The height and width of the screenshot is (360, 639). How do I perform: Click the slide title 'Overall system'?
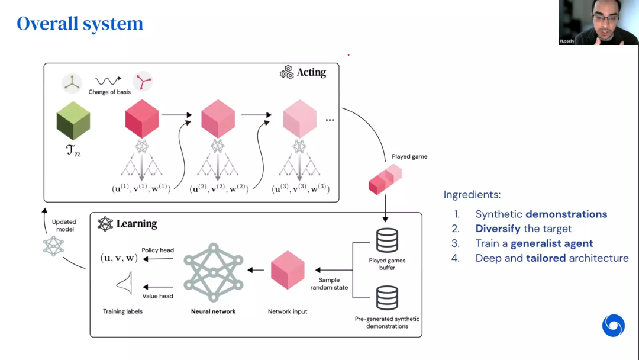pos(80,24)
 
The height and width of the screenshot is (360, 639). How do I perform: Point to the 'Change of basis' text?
pos(109,92)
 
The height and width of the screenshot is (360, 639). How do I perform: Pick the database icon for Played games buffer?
pos(387,240)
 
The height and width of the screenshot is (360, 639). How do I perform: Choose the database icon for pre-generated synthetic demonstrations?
pos(387,298)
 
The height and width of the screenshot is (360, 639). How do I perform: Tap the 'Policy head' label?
pos(157,250)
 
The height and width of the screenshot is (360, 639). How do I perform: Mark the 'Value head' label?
pos(157,296)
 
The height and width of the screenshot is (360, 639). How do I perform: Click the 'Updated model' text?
pos(64,226)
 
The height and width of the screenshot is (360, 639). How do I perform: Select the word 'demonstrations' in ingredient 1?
pos(566,214)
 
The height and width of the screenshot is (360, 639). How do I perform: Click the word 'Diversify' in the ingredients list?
pos(498,229)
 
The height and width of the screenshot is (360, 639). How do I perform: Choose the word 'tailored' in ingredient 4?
pos(547,258)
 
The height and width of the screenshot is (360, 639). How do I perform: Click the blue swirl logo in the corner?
pos(613,326)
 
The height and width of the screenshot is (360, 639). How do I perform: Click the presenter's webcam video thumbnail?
pos(598,22)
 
